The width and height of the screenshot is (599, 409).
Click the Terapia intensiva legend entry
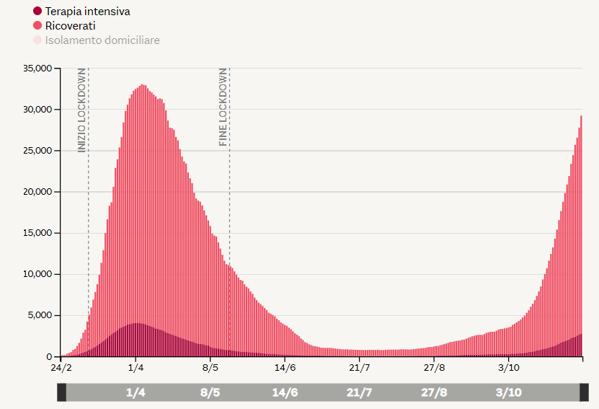(x=86, y=12)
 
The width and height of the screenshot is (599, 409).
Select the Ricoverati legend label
(x=70, y=26)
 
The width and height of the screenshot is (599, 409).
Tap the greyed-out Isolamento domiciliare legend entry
(x=102, y=40)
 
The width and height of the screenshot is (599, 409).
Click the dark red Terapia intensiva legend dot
(x=37, y=12)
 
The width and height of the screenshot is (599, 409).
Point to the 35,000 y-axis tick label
(x=37, y=69)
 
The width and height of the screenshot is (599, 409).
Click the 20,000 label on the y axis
(x=37, y=192)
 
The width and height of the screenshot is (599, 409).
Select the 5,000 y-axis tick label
(x=40, y=315)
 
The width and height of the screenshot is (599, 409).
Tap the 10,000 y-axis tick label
(x=37, y=274)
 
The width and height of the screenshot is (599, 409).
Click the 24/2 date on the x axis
(x=61, y=368)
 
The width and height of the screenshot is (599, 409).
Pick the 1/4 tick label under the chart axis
(x=136, y=368)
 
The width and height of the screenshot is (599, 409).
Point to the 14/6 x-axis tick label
(x=285, y=368)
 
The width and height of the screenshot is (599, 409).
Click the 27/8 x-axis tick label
(x=434, y=368)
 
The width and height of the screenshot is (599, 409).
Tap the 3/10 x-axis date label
(x=509, y=368)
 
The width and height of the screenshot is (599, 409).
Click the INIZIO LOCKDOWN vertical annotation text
(x=82, y=110)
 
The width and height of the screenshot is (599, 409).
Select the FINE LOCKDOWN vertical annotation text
(x=223, y=107)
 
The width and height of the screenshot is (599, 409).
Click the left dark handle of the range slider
(x=62, y=392)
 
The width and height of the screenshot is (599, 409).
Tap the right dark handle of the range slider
(x=584, y=392)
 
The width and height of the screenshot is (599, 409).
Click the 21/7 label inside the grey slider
(x=359, y=393)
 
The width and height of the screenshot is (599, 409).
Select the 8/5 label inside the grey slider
(x=210, y=393)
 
